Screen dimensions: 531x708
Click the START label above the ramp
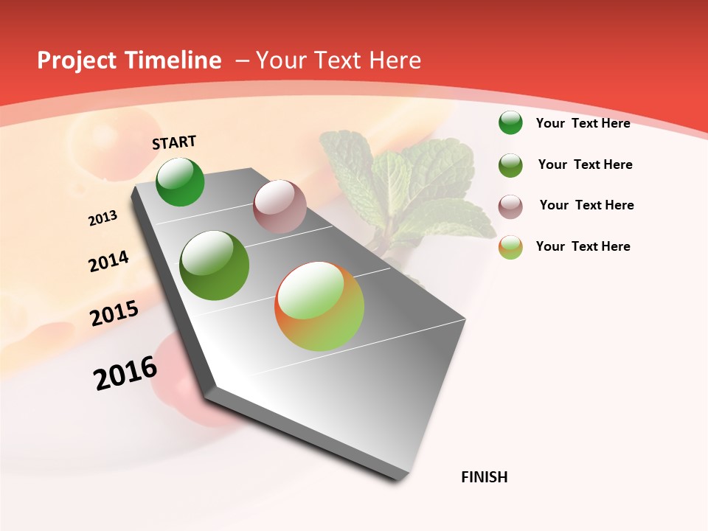[174, 142]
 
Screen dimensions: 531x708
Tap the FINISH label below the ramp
[485, 477]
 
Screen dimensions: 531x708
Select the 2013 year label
[103, 218]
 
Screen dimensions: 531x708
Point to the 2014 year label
[108, 261]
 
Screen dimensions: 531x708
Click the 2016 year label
[125, 372]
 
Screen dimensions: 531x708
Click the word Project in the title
[77, 60]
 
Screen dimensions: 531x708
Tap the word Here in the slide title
[395, 60]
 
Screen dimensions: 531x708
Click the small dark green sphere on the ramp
[181, 181]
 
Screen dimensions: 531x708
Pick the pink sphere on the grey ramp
[280, 206]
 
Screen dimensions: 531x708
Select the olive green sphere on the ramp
[215, 265]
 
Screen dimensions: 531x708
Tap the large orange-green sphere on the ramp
[319, 306]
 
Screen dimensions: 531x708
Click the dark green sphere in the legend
[510, 122]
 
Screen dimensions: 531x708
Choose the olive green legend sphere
[510, 165]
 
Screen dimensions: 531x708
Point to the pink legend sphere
[510, 206]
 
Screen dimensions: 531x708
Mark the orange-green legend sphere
[510, 247]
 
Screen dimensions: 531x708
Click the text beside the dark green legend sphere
[583, 123]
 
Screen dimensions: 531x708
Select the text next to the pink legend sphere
[586, 205]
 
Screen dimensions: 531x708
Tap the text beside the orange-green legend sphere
[583, 246]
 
